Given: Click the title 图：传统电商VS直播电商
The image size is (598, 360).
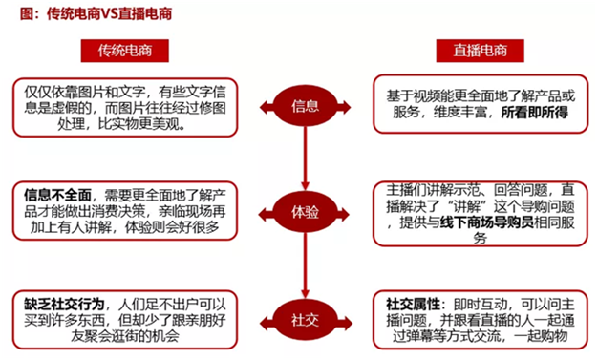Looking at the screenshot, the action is tap(96, 14).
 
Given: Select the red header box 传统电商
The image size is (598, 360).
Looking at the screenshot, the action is tap(125, 51).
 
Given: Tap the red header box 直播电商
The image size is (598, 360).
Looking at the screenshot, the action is tap(480, 51).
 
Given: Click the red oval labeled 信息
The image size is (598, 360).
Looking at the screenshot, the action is tap(305, 106).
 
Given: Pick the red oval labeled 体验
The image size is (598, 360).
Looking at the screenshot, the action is tap(305, 212).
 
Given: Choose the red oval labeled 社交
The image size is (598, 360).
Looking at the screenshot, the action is tap(305, 320).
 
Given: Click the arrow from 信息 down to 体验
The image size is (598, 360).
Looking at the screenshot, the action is tap(305, 159).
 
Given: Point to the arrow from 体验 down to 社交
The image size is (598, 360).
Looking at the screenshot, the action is tap(305, 265).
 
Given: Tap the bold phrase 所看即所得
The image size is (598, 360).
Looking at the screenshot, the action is tap(534, 113).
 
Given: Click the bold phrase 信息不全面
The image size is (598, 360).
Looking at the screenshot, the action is tap(57, 196).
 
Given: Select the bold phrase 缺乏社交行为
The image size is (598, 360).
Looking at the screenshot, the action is tap(64, 305).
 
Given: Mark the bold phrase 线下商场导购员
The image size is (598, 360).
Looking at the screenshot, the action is tap(486, 222).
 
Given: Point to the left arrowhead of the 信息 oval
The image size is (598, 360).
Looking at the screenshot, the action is tap(267, 107).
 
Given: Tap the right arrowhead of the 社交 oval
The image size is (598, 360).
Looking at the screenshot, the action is tap(344, 324).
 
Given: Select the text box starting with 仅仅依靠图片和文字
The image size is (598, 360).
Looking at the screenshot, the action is tap(125, 108).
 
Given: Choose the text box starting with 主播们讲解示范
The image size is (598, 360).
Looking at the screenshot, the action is tap(481, 214).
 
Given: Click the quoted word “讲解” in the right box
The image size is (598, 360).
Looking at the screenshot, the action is tap(467, 206).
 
